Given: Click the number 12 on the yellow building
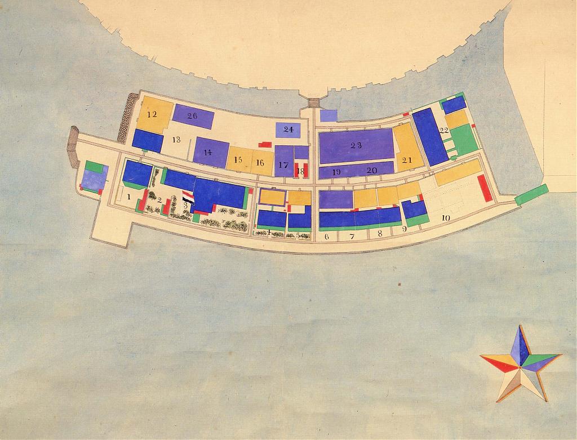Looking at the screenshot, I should [152, 114].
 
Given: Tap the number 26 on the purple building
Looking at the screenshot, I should [192, 116].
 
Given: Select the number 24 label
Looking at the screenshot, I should [288, 130].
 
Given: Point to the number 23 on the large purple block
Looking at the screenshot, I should [356, 145].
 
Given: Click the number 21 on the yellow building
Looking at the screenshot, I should [407, 160].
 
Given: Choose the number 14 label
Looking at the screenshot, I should [208, 152].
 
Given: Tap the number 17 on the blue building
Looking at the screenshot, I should [283, 165].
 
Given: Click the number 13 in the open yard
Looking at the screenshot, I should [176, 140].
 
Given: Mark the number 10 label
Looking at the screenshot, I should [446, 217].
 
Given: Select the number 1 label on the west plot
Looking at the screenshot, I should [129, 197].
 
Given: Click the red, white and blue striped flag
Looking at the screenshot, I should [188, 199].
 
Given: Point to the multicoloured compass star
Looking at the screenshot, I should [521, 363].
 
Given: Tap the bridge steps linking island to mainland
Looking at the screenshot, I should [313, 102].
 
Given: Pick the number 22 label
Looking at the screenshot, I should [444, 131].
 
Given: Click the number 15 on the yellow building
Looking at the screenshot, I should [238, 160].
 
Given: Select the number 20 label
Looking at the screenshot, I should [372, 171].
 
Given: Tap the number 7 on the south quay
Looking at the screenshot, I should [352, 237].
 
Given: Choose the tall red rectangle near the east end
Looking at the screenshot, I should [485, 188].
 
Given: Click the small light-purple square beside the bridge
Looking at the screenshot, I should [329, 115].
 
